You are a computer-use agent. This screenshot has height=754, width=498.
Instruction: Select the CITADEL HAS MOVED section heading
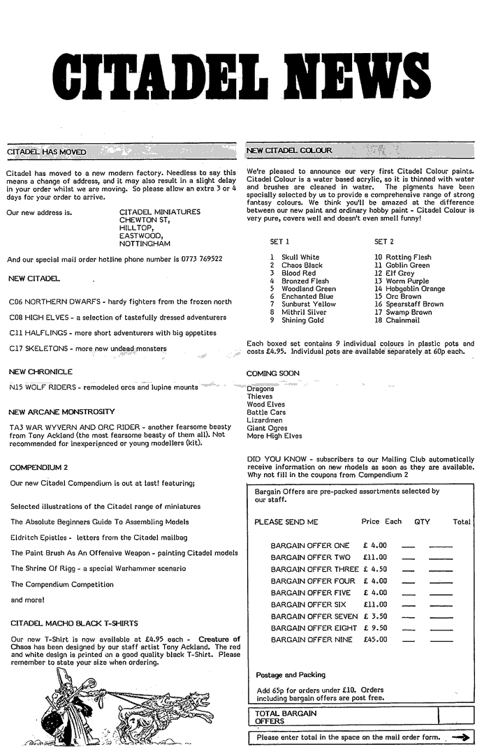[46, 151]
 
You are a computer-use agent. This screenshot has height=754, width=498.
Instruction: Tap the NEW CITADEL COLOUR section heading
[290, 151]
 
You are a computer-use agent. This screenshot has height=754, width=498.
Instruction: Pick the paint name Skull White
[300, 258]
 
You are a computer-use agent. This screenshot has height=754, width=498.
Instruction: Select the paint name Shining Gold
[302, 320]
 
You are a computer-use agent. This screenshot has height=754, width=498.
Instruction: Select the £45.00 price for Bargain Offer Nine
[375, 640]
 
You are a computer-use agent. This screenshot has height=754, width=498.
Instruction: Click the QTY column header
[422, 522]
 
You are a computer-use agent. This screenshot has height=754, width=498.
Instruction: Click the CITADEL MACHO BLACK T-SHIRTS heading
[75, 622]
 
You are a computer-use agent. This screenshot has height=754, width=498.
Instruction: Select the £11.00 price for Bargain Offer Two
[375, 558]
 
